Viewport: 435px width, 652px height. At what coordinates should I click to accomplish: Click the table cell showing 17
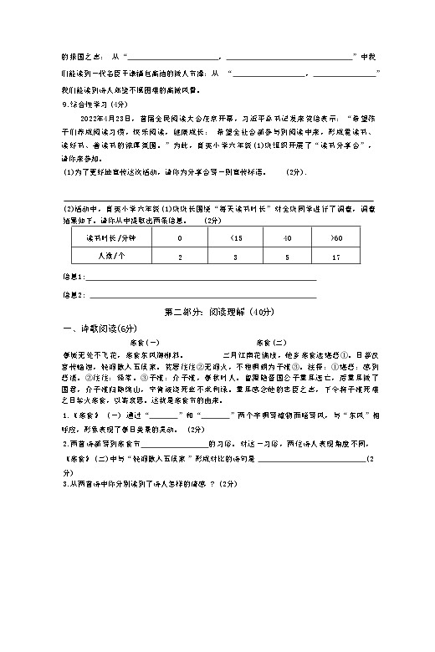335,257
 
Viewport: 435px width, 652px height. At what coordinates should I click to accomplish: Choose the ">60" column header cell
335,239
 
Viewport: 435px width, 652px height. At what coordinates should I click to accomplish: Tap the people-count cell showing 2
180,257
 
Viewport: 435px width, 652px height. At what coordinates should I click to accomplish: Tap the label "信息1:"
74,277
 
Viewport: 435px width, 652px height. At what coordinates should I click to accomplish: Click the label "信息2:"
74,295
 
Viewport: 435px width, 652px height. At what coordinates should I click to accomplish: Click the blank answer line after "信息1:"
201,278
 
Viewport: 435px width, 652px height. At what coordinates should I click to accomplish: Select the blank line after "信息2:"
201,297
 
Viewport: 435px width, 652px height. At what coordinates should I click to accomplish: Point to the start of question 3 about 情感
67,485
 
